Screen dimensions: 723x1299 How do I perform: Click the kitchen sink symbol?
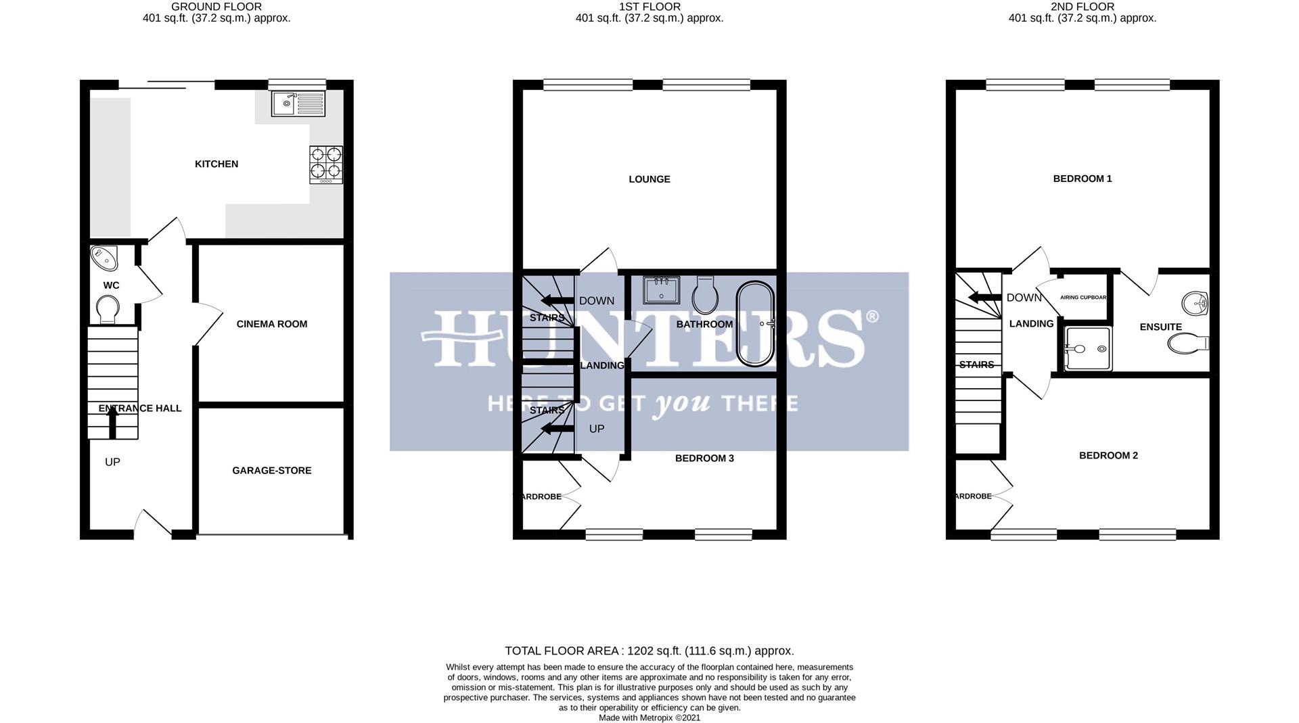click(x=298, y=103)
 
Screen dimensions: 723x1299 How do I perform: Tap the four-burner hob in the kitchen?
click(x=326, y=164)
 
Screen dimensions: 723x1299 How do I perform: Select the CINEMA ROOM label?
click(x=272, y=324)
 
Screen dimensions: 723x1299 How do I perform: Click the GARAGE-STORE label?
click(x=272, y=470)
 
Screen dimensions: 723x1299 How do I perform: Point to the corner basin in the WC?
click(x=104, y=258)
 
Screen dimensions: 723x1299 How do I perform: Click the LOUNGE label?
click(x=649, y=179)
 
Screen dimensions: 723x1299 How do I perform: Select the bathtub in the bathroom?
click(x=755, y=324)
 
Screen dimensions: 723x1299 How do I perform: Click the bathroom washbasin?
click(x=662, y=290)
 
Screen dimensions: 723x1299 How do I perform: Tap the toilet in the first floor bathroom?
click(x=705, y=296)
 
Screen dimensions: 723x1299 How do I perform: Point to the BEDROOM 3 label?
click(x=704, y=459)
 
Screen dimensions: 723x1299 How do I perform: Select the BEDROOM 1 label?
click(x=1082, y=179)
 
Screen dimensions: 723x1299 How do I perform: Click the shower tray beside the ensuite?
click(x=1088, y=349)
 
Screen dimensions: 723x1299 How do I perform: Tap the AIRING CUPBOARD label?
click(x=1083, y=298)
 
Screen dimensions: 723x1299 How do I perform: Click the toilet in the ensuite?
click(x=1187, y=344)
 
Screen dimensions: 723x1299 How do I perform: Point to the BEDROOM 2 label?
click(x=1108, y=455)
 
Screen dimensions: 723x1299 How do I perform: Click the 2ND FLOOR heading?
click(x=1082, y=7)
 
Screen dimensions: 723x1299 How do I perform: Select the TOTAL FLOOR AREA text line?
click(x=649, y=651)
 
